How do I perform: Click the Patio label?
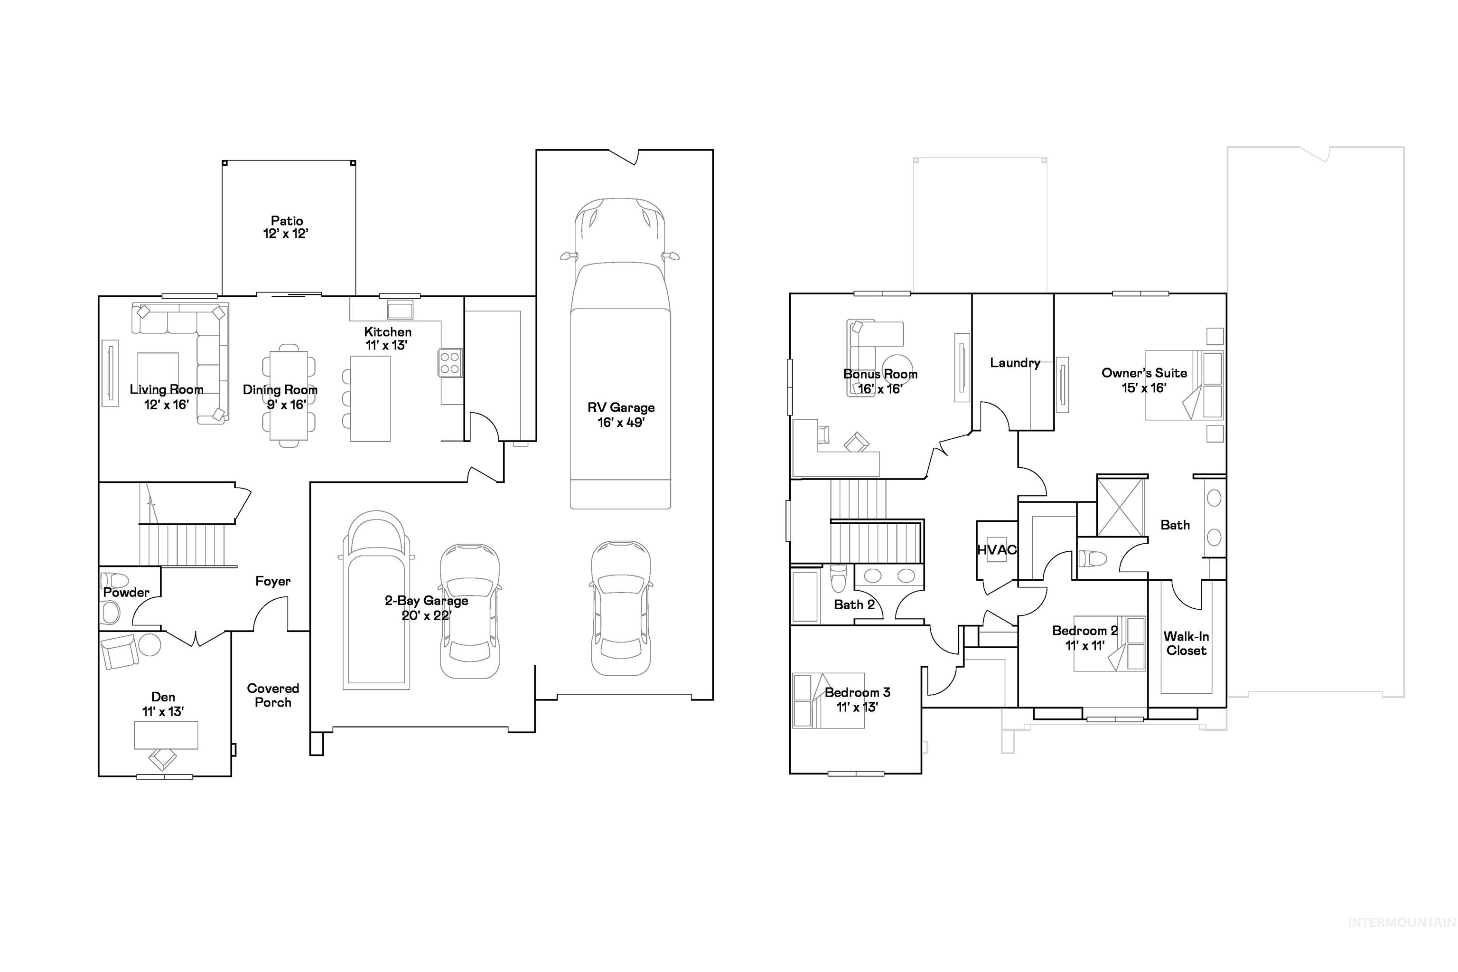[x=286, y=221]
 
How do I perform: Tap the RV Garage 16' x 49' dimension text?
[x=620, y=423]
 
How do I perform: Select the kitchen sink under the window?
[x=400, y=309]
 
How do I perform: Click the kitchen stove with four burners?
[x=450, y=363]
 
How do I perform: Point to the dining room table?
[x=288, y=396]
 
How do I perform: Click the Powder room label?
[x=126, y=592]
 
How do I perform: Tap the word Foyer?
[x=272, y=581]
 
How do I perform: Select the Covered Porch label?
[x=272, y=695]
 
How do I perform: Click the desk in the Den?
[x=166, y=735]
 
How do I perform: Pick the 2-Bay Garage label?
[x=426, y=600]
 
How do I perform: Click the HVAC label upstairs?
[x=996, y=550]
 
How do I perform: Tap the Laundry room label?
[x=1014, y=363]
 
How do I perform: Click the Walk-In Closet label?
[x=1186, y=643]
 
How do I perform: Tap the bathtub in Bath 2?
[x=804, y=596]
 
